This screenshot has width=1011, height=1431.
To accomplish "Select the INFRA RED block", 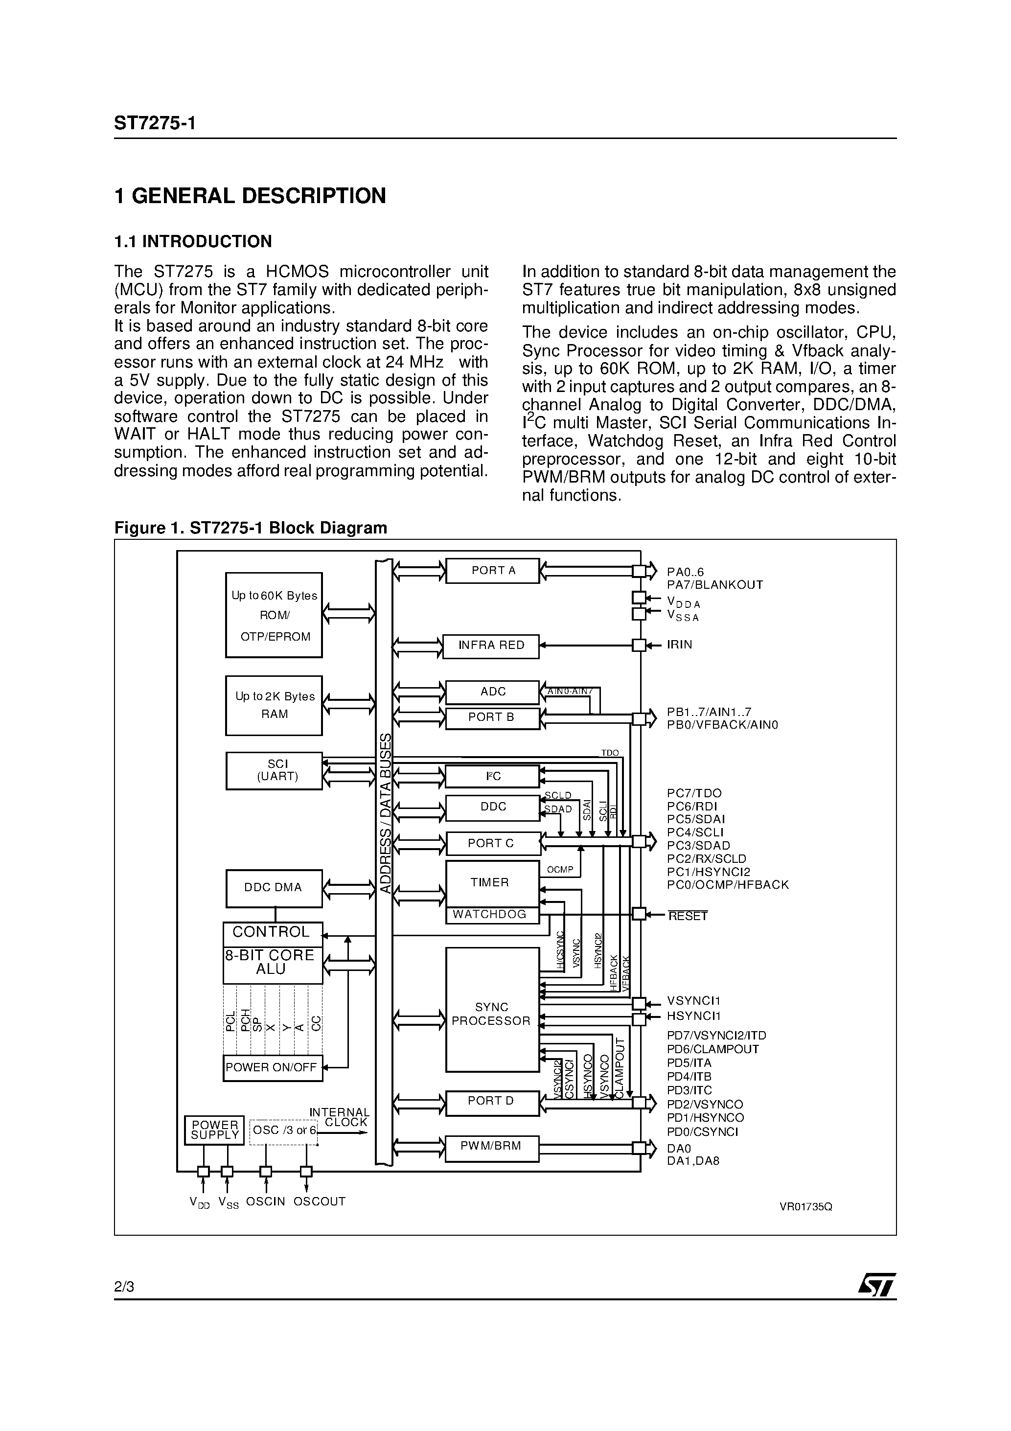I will tap(490, 646).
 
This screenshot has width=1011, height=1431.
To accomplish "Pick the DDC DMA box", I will tap(274, 887).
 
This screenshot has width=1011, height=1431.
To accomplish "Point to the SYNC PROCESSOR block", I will tap(492, 1014).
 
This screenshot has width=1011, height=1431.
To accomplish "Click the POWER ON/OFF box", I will tap(273, 1068).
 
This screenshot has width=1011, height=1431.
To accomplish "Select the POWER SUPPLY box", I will tap(214, 1130).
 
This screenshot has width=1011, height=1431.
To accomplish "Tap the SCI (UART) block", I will tap(274, 770).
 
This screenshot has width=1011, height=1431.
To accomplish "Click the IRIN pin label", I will tap(679, 645).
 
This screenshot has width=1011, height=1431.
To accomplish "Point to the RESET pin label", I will tap(688, 916).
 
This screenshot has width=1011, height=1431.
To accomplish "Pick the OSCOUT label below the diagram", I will tap(319, 1201).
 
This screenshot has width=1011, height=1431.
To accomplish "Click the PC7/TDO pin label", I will tap(694, 793).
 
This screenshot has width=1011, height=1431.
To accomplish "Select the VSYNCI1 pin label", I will tap(693, 1001).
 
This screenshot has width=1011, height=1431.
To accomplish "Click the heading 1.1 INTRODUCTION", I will tap(193, 242).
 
